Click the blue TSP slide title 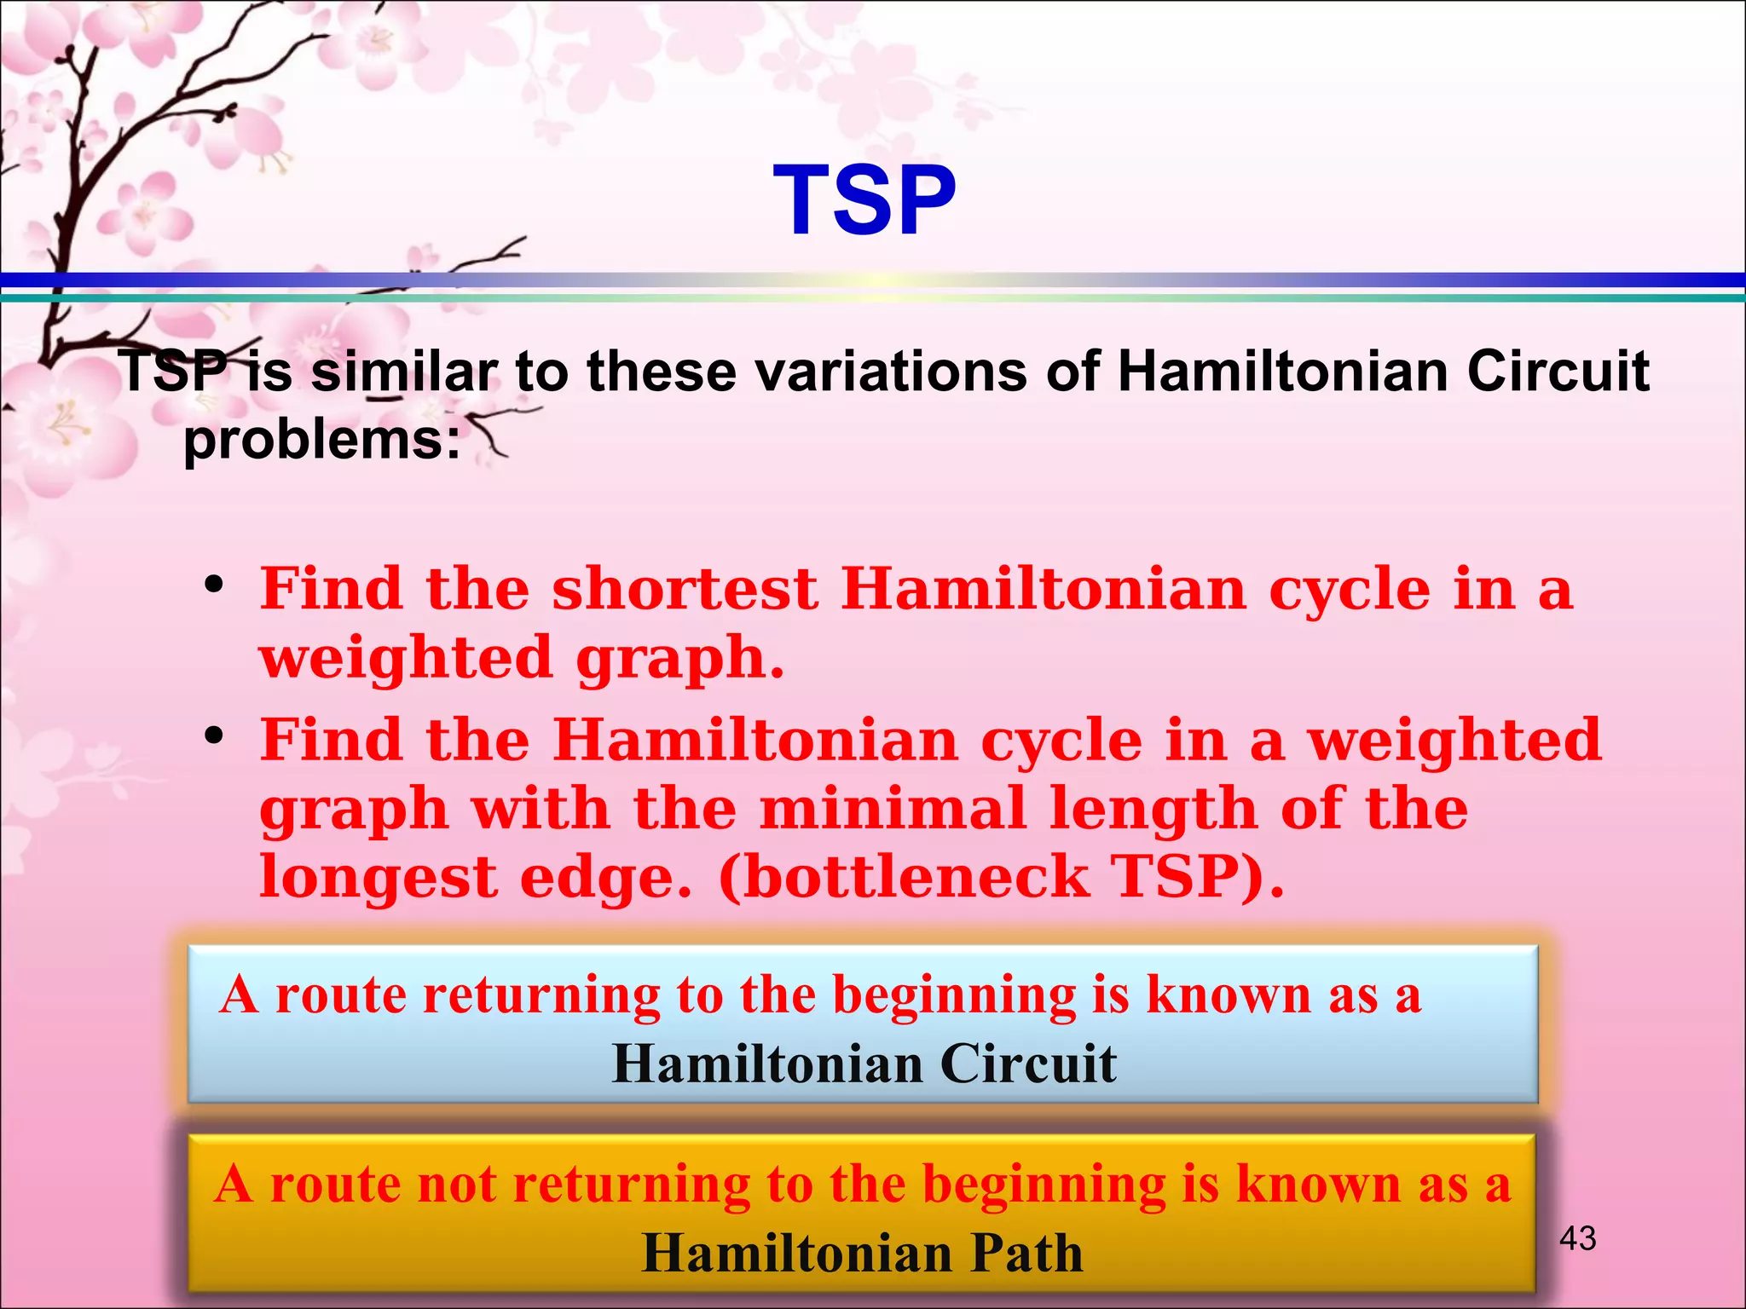864,201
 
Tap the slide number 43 1577,1238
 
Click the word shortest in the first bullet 685,589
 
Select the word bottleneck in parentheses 904,877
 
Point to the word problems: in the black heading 322,441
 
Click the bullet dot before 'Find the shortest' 214,585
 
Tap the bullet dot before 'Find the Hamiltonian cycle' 214,735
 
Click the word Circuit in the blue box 1028,1064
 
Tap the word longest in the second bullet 379,877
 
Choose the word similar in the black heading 404,372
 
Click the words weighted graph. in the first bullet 521,658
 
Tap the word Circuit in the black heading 1558,372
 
